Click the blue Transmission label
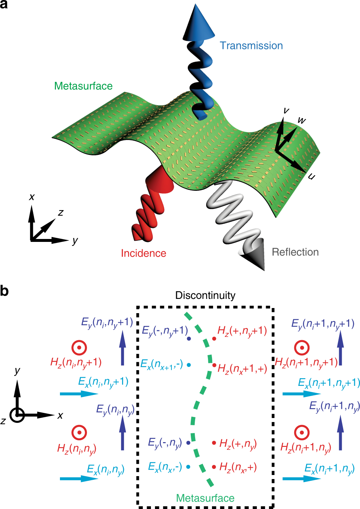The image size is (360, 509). [251, 46]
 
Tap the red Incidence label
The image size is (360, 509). [143, 253]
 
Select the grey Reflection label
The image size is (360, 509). [295, 252]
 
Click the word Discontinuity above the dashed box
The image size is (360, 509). [205, 295]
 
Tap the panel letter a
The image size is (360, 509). [4, 5]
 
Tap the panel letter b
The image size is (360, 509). [4, 291]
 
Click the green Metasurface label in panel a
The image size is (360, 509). [83, 86]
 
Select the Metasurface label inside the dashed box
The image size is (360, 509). [205, 498]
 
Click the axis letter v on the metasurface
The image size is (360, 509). [286, 110]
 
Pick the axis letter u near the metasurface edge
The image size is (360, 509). [311, 176]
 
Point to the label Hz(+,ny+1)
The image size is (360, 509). [242, 331]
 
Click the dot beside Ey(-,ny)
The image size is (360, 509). [189, 443]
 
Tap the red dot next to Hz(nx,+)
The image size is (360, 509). [214, 467]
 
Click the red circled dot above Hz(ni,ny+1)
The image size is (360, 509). [79, 347]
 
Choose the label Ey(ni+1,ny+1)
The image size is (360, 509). [323, 324]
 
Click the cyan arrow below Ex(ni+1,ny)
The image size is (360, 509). [301, 478]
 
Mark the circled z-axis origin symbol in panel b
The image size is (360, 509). [17, 415]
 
